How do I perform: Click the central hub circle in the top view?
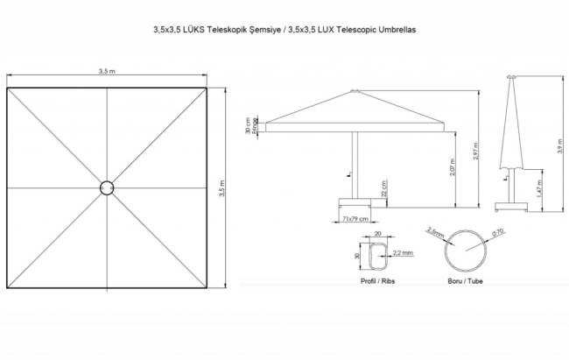point(107,187)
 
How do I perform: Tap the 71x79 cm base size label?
point(354,219)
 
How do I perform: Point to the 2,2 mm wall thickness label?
point(404,252)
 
